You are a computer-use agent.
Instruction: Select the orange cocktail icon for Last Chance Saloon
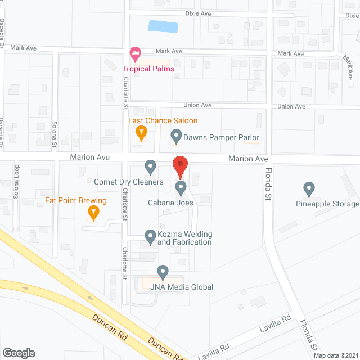(x=141, y=134)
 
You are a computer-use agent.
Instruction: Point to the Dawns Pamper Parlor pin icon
(x=176, y=136)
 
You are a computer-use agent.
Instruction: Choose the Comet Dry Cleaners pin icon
(x=150, y=166)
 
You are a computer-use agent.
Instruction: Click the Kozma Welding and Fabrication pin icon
(x=150, y=236)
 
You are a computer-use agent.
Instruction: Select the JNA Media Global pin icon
(x=163, y=272)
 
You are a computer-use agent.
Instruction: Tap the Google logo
(x=18, y=353)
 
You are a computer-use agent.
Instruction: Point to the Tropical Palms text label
(x=148, y=69)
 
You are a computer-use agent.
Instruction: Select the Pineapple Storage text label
(x=327, y=204)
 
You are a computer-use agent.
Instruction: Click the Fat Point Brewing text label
(x=76, y=200)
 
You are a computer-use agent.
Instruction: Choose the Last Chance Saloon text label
(x=163, y=120)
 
